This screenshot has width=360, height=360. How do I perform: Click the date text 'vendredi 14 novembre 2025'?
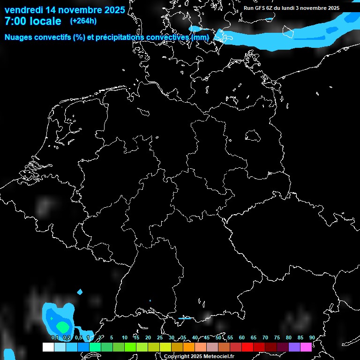click(65, 10)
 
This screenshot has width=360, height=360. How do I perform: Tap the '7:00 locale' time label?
click(33, 21)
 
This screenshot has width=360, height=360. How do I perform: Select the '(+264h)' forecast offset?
click(83, 21)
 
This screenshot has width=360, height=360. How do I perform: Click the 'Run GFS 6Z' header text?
click(261, 8)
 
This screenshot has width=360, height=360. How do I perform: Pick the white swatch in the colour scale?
click(48, 347)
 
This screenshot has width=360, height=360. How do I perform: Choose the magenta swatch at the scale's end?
click(306, 347)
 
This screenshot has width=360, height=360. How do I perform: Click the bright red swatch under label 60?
click(247, 347)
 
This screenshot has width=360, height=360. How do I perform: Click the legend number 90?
click(312, 337)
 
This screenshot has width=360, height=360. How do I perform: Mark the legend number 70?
click(265, 337)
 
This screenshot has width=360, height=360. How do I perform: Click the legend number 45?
click(206, 337)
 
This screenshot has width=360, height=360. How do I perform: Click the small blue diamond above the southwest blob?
click(80, 292)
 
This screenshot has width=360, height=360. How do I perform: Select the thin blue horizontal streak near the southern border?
click(185, 319)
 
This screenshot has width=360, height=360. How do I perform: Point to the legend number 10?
click(124, 337)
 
